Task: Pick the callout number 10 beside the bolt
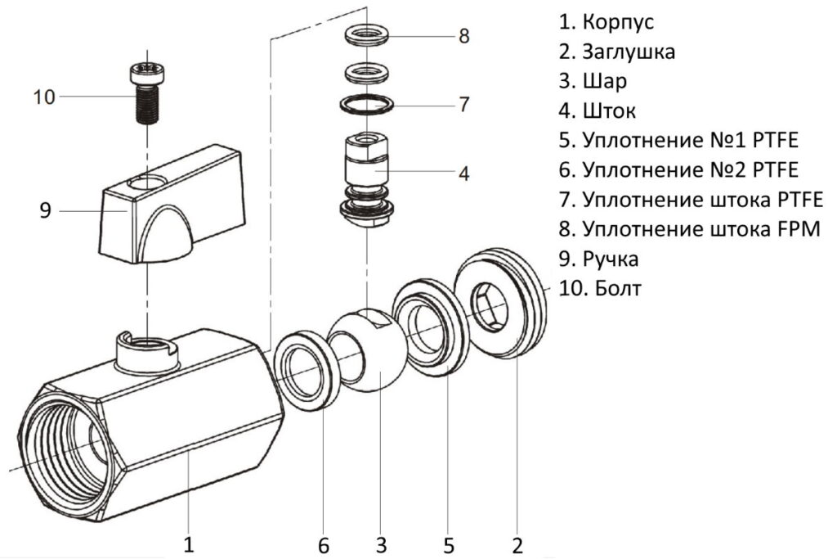[44, 97]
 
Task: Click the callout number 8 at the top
[463, 36]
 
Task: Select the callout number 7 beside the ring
[463, 105]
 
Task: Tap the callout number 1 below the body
[189, 543]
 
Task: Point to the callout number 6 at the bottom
[324, 543]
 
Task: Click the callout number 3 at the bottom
[381, 543]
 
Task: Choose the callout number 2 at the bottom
[517, 543]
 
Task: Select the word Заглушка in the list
[629, 52]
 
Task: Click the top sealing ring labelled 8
[365, 36]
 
